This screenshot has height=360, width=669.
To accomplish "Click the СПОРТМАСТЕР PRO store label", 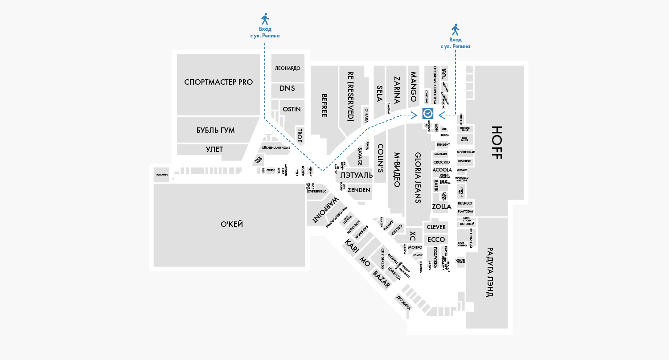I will click(x=218, y=82).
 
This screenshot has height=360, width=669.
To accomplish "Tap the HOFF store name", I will click(x=497, y=143).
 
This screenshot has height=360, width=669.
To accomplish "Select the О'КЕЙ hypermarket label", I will click(x=232, y=224).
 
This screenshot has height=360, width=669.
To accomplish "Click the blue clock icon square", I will click(x=428, y=114).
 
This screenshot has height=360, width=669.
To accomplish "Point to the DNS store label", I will click(x=287, y=88).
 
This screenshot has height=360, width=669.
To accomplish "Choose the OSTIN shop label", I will click(x=291, y=109).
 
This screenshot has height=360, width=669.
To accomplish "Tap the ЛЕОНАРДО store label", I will click(x=287, y=68).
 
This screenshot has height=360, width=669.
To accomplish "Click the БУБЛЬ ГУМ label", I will click(x=216, y=130).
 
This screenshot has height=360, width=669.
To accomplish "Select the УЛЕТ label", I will click(x=214, y=149).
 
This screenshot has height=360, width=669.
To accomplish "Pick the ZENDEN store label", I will click(x=359, y=190).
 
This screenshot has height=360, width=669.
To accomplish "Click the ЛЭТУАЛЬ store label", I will click(x=353, y=176).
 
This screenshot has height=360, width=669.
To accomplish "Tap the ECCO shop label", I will click(x=436, y=240).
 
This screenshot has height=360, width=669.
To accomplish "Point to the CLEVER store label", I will click(x=436, y=227).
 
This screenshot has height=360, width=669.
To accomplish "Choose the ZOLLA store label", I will click(x=442, y=207).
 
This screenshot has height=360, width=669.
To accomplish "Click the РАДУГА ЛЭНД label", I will click(x=489, y=272).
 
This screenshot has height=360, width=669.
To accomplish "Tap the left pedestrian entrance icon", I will click(x=265, y=19).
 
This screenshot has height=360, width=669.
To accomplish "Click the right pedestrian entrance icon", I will click(x=455, y=30).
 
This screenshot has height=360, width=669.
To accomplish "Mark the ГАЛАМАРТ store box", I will click(x=162, y=175).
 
